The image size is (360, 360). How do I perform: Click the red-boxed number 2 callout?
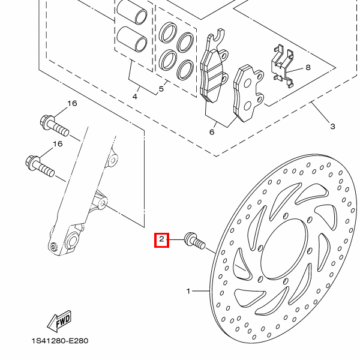(161, 241)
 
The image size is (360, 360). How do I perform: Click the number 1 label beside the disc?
(188, 292)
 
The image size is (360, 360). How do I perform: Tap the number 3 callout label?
(332, 126)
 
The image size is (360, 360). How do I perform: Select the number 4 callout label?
(135, 96)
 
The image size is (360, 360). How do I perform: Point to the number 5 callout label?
(161, 90)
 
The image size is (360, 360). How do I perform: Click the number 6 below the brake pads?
(212, 132)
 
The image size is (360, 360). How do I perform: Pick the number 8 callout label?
(308, 68)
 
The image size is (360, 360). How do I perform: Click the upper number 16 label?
(72, 103)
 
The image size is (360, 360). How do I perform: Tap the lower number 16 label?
(58, 144)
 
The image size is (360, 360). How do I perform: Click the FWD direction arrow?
(61, 322)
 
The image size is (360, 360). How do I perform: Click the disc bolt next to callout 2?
(195, 242)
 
